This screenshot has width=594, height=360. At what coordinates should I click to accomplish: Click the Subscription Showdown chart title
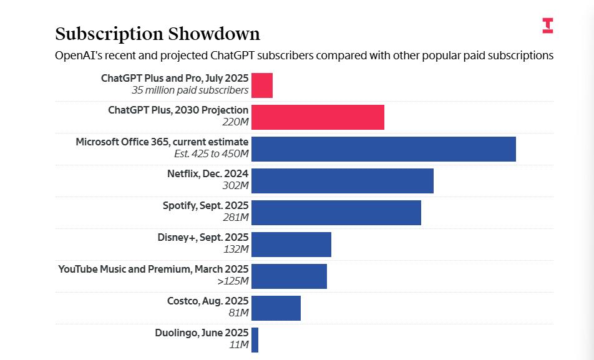coord(157,34)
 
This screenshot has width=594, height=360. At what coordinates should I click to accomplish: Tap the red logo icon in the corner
coord(547,26)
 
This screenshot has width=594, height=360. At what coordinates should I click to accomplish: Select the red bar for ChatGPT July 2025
coord(262,85)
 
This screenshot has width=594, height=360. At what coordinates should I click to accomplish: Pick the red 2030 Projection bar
coord(318,117)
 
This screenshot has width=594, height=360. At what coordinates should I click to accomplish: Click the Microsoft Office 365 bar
coord(383,149)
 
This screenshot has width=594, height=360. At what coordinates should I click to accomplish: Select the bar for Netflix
coord(342,181)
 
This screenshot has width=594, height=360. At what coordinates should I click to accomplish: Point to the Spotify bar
coord(336,213)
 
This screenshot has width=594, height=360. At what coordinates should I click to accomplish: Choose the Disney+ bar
coord(291,245)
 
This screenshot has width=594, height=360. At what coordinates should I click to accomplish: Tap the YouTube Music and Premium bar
coord(289,276)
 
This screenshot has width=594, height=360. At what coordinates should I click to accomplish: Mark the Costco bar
coord(276,308)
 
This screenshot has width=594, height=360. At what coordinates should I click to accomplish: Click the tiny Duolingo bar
coord(255,340)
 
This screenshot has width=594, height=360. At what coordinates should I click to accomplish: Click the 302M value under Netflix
coord(235,185)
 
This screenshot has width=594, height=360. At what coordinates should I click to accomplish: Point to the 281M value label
coord(235,217)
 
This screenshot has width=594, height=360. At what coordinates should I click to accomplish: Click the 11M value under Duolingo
coord(238,344)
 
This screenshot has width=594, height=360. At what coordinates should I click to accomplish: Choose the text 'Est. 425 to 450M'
coord(211,153)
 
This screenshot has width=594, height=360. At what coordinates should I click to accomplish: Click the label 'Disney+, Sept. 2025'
coord(203,237)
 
